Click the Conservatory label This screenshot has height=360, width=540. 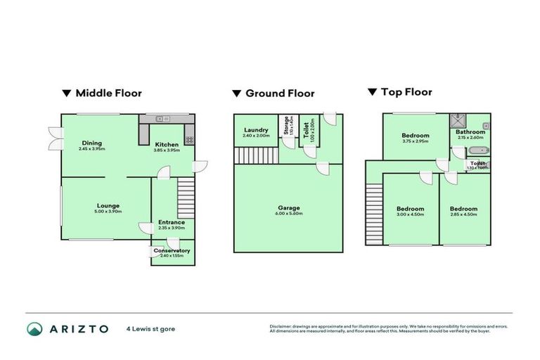(x=172, y=250)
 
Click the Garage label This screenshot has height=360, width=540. (x=288, y=208)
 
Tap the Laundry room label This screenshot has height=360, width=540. (x=256, y=130)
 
